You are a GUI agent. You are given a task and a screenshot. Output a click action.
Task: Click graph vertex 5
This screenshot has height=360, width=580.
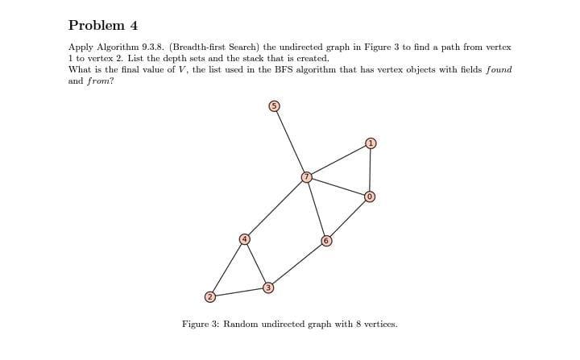(274, 106)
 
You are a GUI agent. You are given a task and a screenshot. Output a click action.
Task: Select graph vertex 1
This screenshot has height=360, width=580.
(371, 143)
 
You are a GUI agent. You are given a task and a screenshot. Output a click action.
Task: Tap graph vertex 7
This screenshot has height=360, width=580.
(306, 176)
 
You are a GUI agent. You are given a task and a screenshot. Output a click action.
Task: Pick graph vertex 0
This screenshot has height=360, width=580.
(370, 197)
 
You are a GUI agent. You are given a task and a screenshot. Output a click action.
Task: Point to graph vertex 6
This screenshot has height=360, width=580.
(326, 240)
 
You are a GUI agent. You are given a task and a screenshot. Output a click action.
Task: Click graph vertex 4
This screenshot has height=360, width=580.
(244, 239)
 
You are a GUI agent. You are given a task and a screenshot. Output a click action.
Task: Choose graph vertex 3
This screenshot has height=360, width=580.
(269, 287)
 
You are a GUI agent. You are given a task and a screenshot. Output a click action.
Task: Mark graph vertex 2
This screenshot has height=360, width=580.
(209, 297)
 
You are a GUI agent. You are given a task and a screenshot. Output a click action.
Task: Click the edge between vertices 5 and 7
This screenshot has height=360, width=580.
(290, 141)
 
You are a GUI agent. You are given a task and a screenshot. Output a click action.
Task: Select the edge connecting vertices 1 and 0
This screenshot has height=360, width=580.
(371, 170)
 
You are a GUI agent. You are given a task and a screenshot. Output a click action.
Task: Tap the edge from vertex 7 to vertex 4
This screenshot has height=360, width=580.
(275, 208)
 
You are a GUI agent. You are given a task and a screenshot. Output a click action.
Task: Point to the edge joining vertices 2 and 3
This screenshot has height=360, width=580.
(239, 292)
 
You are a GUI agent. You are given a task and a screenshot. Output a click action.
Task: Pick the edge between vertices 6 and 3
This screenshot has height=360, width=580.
(297, 263)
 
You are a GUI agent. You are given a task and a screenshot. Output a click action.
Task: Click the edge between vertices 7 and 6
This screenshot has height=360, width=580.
(316, 208)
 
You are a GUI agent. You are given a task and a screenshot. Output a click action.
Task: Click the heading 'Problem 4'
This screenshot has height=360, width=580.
(98, 25)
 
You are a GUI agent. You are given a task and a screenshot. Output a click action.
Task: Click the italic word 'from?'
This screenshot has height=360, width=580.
(100, 81)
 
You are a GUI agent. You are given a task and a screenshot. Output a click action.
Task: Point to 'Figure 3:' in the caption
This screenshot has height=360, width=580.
(201, 324)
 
